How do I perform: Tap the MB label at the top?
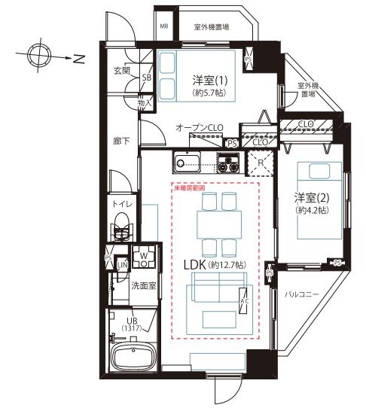(164, 26)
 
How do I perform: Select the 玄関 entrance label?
(122, 70)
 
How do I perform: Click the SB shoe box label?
(147, 78)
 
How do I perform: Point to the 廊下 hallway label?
(122, 140)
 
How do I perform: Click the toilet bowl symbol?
(120, 225)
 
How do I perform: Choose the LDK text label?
(198, 265)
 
